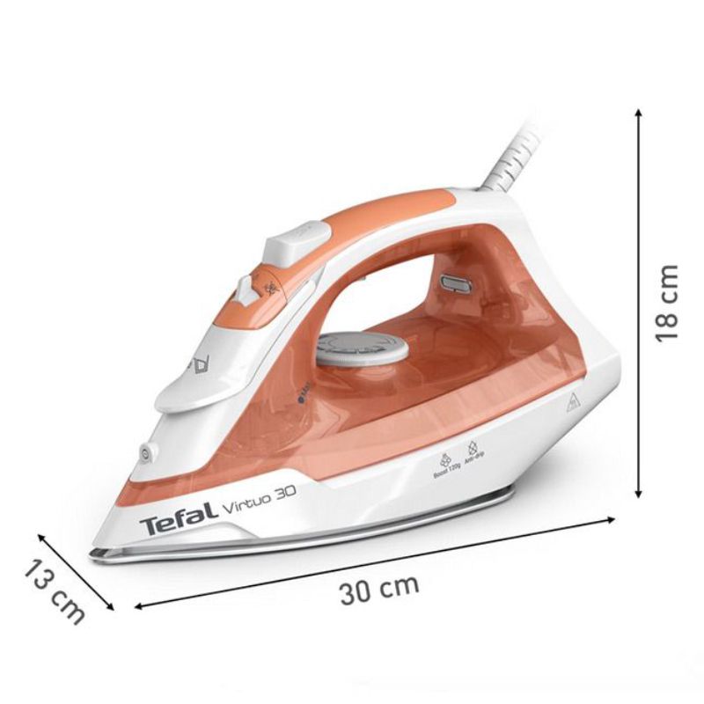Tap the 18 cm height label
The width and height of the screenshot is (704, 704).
click(670, 304)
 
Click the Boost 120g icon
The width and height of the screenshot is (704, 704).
click(445, 460)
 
